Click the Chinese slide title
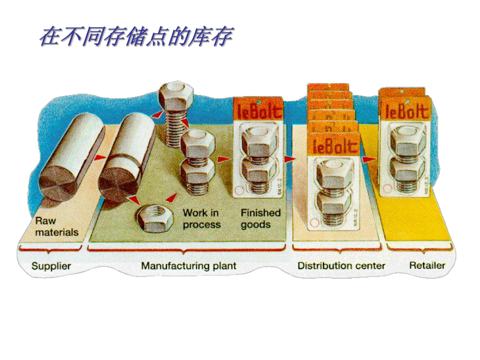136,37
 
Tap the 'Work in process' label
201,219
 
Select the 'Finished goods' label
261,219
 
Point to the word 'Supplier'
51,266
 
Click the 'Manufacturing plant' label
188,266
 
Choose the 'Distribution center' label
341,266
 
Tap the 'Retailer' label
427,265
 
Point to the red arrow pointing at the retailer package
369,158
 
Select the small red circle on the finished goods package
239,191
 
